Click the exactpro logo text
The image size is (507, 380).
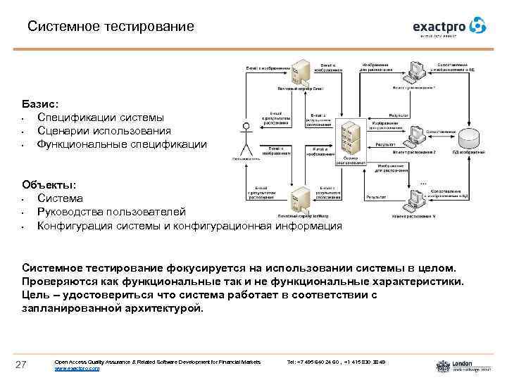pyautogui.click(x=441, y=26)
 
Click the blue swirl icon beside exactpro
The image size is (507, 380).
pyautogui.click(x=478, y=25)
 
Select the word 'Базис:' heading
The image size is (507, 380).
pyautogui.click(x=40, y=103)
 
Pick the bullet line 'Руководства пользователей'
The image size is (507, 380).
pyautogui.click(x=112, y=212)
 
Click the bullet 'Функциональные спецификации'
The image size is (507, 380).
pyautogui.click(x=122, y=144)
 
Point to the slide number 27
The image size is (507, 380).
pyautogui.click(x=21, y=363)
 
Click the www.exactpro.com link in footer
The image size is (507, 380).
pyautogui.click(x=77, y=368)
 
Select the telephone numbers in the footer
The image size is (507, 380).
pyautogui.click(x=337, y=362)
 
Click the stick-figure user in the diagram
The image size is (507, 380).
pyautogui.click(x=246, y=140)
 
